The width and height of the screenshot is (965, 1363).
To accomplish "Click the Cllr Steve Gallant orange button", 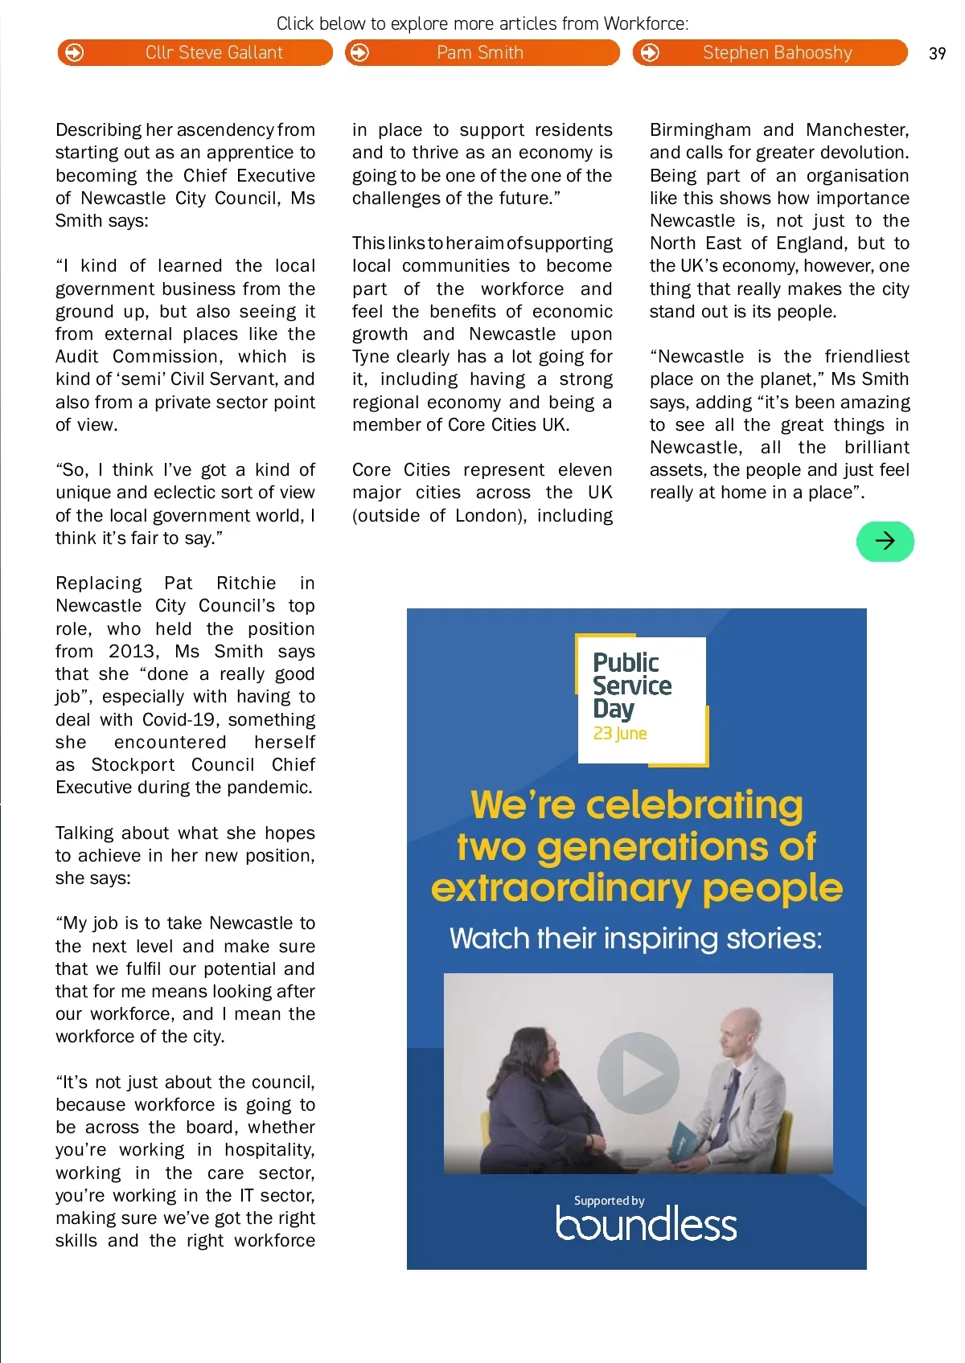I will coord(195,53).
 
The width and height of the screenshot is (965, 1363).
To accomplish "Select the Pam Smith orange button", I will coord(482,53).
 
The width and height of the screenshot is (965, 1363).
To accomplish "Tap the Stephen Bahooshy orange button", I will coord(770,53).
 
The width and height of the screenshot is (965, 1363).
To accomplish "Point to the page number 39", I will coord(937,54).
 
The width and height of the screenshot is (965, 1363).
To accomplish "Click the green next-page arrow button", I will coord(885,541).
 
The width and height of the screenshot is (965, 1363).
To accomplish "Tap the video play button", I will coord(638,1073).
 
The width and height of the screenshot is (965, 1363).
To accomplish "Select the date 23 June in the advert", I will coord(620,733).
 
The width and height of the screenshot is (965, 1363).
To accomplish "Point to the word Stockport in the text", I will coord(133,764).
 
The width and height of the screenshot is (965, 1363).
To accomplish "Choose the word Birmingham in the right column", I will coord(700,130).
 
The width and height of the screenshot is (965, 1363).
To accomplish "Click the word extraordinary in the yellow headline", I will coord(561,889).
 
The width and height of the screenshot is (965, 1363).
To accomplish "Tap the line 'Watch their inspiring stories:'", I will coord(636,938).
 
